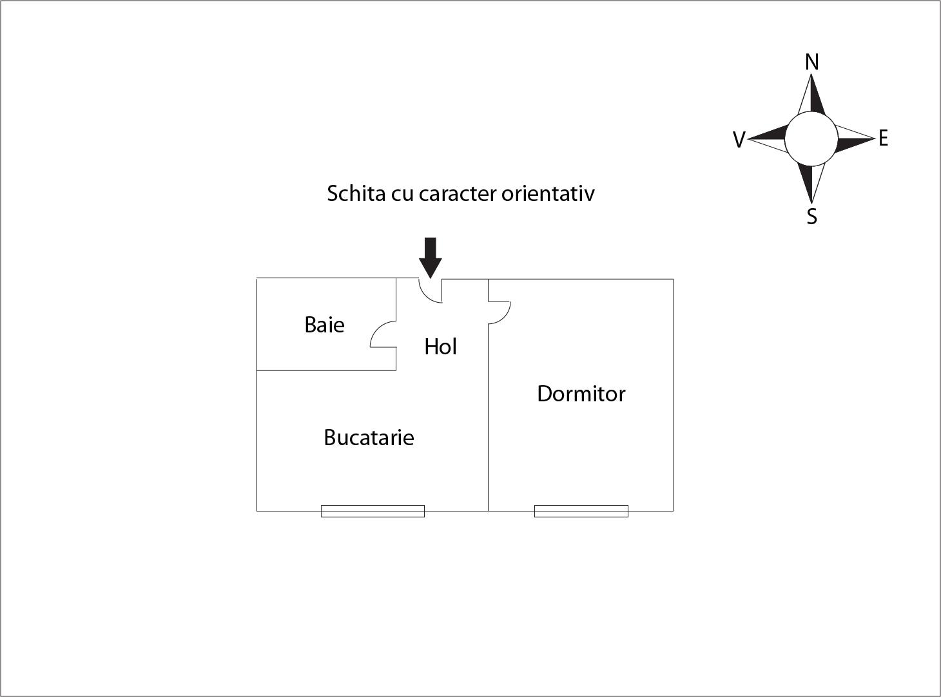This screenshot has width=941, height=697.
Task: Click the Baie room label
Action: tap(324, 324)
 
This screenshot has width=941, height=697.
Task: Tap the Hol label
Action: tap(440, 347)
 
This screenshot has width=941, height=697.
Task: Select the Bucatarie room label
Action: tap(369, 437)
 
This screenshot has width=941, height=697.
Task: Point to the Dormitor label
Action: tap(581, 394)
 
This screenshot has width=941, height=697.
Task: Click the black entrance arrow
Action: tap(431, 256)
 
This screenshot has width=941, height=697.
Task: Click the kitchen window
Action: tap(373, 511)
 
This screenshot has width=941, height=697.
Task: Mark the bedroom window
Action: tap(581, 511)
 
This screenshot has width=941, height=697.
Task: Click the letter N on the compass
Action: tap(812, 62)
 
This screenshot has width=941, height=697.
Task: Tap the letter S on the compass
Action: tap(812, 216)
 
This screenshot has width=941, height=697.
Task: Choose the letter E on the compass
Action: tap(883, 138)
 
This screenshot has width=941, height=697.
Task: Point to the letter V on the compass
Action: tap(739, 139)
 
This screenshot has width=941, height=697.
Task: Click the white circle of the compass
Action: tap(811, 138)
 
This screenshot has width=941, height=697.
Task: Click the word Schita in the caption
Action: tap(356, 193)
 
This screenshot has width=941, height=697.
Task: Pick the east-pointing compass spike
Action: tap(854, 138)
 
